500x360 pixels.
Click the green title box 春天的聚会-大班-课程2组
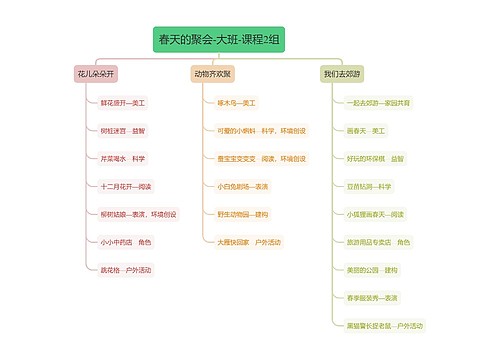click(x=219, y=40)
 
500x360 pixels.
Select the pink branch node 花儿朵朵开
click(x=95, y=74)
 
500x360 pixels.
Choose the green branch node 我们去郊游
click(x=340, y=74)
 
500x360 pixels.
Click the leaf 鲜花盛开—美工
click(x=122, y=102)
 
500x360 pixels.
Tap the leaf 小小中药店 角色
click(x=125, y=242)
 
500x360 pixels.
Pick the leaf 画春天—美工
click(x=366, y=130)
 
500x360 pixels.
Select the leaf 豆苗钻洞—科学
click(x=369, y=186)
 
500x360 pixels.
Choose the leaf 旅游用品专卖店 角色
click(x=378, y=242)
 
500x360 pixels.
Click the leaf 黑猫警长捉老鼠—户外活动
click(x=385, y=326)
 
